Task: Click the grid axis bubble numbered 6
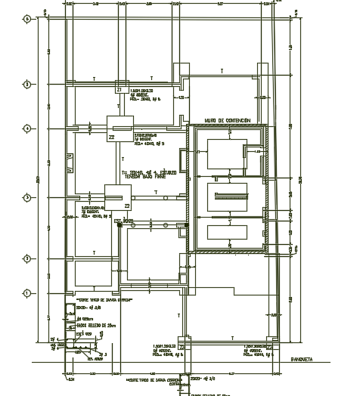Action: (28, 19)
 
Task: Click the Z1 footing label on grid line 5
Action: (119, 90)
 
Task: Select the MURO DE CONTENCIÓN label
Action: (228, 120)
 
